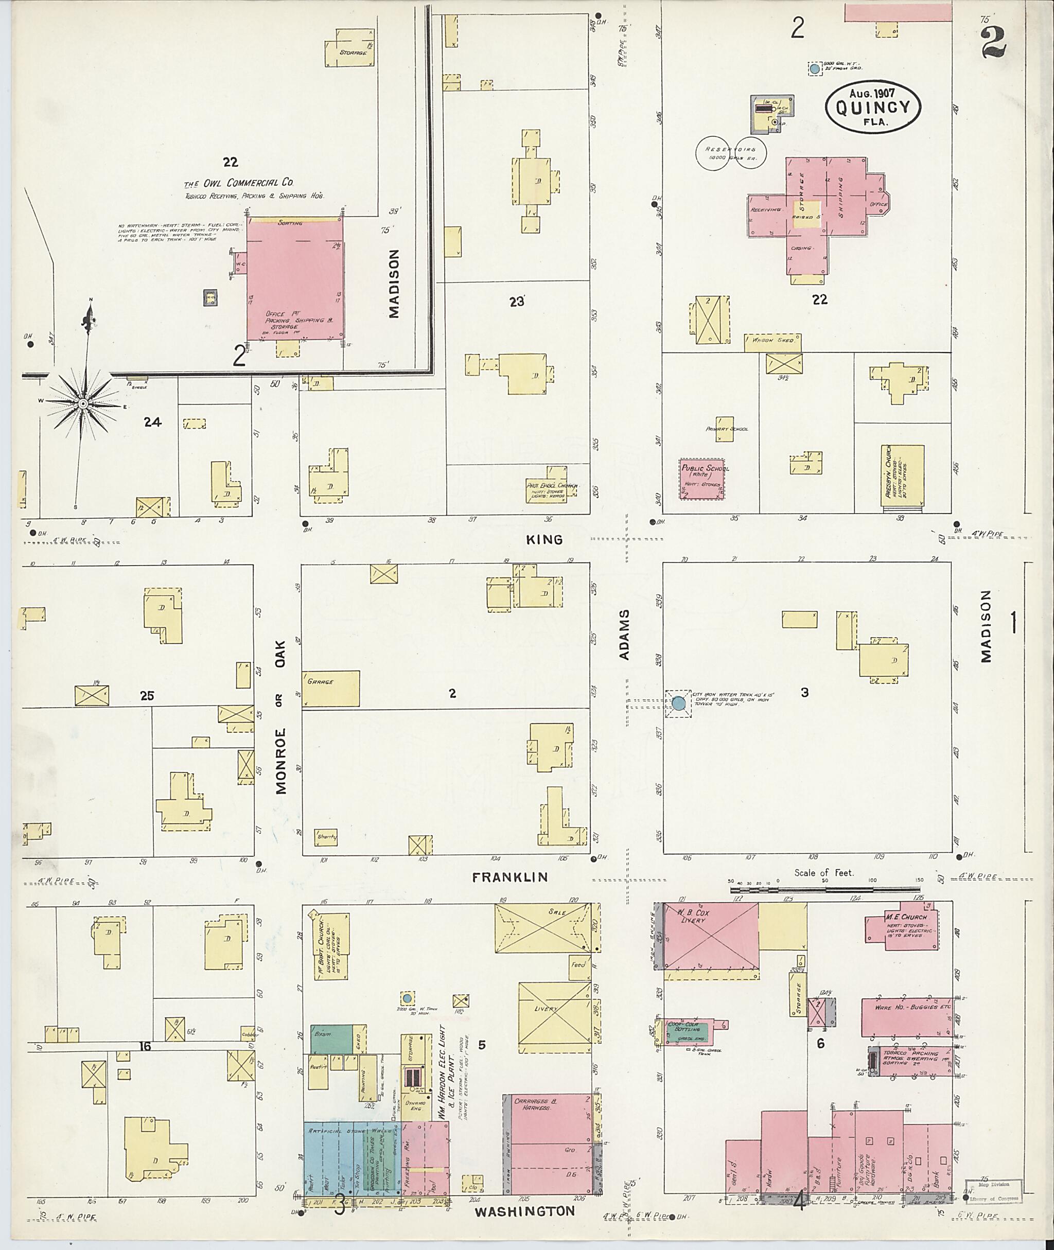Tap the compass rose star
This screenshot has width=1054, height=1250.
[83, 404]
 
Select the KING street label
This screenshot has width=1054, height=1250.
[544, 539]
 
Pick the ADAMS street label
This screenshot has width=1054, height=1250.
[624, 635]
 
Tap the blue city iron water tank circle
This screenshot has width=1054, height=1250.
[678, 703]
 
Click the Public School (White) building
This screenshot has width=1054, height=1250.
[702, 478]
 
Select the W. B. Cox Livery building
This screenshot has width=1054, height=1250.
[711, 936]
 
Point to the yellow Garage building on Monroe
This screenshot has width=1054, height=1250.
[330, 689]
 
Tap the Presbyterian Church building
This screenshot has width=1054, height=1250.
[902, 479]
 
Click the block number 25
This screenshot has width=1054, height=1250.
[147, 696]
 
